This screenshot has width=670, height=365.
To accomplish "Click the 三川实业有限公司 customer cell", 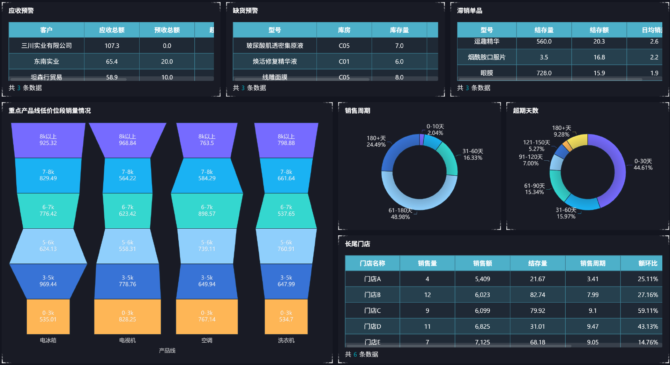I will pyautogui.click(x=46, y=46).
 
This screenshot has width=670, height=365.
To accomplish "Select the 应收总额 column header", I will pyautogui.click(x=112, y=30).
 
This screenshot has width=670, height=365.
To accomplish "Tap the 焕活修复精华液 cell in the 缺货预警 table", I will pyautogui.click(x=275, y=61).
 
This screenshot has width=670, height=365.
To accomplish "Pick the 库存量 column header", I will pyautogui.click(x=399, y=30).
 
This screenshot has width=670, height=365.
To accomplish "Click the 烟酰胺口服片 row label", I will pyautogui.click(x=486, y=57).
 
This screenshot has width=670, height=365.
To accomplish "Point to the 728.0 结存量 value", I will pyautogui.click(x=544, y=73).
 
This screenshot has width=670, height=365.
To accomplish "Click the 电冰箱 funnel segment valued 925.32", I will pyautogui.click(x=48, y=140).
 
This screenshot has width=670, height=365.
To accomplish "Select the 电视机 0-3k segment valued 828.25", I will pyautogui.click(x=127, y=316).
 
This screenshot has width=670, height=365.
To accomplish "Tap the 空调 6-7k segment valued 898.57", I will pyautogui.click(x=207, y=211).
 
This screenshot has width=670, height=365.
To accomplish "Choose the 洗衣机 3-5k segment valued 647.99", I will pyautogui.click(x=286, y=281).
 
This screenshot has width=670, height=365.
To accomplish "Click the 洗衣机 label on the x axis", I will pyautogui.click(x=286, y=340).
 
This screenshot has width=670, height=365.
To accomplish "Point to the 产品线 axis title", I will pyautogui.click(x=167, y=350).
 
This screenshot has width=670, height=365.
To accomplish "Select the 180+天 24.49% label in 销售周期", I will pyautogui.click(x=376, y=142).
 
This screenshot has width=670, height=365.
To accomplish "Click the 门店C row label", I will pyautogui.click(x=372, y=311).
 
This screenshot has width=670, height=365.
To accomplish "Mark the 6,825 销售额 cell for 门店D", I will pyautogui.click(x=482, y=326).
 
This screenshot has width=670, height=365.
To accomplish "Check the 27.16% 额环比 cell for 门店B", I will pyautogui.click(x=648, y=295).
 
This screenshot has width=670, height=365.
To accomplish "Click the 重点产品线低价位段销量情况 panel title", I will pyautogui.click(x=50, y=111).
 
